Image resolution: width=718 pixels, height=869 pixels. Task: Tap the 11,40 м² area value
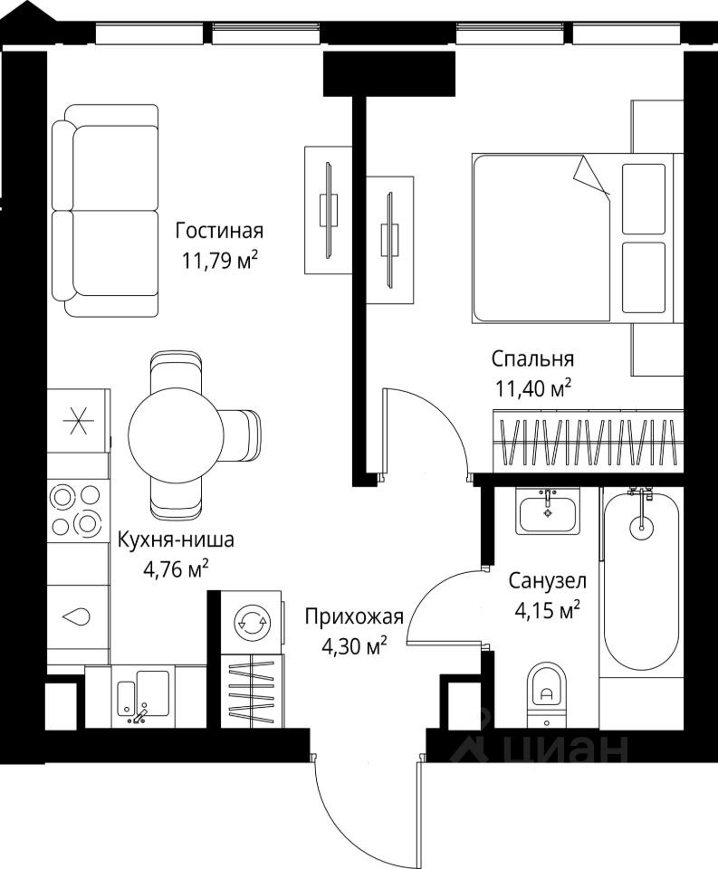pyautogui.click(x=532, y=389)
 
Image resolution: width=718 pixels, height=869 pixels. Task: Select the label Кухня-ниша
pyautogui.click(x=176, y=541)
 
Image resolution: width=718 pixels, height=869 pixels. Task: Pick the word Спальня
pyautogui.click(x=533, y=358)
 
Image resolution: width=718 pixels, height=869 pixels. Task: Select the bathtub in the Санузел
pyautogui.click(x=641, y=579)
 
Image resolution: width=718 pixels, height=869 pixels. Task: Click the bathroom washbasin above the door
pyautogui.click(x=548, y=511)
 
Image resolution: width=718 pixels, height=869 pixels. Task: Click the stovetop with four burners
pyautogui.click(x=77, y=511)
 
